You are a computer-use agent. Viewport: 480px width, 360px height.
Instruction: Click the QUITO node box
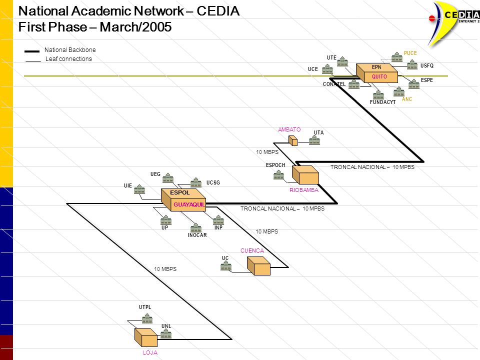pos(377,73)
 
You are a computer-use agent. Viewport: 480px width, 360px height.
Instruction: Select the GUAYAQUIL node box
pos(183,200)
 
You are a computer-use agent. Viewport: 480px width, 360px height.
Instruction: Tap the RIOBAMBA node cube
pos(305,175)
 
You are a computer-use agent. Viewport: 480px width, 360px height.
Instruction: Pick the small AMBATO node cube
pos(293,141)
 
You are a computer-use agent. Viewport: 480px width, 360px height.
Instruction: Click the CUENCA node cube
pos(258,266)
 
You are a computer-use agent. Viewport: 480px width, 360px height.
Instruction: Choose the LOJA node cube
pos(146,337)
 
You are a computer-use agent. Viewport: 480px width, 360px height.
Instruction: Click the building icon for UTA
pos(314,140)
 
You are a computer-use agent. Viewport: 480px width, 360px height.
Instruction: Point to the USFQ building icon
pos(412,64)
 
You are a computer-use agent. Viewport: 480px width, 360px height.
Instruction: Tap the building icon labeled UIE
pos(139,189)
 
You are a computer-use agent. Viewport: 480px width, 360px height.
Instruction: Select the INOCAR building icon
pos(196,228)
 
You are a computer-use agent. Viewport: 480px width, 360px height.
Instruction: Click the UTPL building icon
pos(147,318)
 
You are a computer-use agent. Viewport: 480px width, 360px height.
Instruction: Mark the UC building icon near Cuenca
pos(226,266)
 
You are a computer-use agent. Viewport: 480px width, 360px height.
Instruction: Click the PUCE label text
pos(410,53)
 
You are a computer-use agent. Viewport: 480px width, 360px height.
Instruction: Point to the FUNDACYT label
pos(382,102)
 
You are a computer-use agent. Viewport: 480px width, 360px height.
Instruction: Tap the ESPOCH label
pos(275,165)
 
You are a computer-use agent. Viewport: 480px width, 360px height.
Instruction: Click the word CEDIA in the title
pos(218,11)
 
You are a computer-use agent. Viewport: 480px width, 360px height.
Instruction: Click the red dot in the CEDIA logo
pos(432,18)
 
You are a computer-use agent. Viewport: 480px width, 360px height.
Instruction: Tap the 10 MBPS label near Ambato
pos(267,152)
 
